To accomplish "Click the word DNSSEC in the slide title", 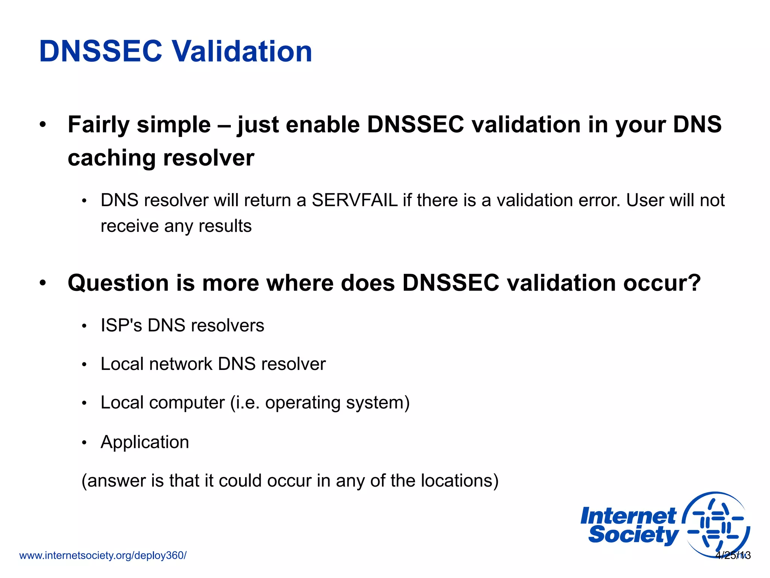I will [x=100, y=52].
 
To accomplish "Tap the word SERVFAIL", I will [x=355, y=200].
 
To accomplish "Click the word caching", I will [x=111, y=158].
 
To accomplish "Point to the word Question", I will [x=118, y=283].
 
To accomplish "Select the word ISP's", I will [x=121, y=326].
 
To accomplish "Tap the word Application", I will [x=145, y=442].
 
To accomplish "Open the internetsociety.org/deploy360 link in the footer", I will [x=103, y=555].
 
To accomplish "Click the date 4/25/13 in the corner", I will [x=733, y=555].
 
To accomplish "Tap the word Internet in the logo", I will [x=628, y=516].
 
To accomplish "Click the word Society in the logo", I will [x=633, y=535].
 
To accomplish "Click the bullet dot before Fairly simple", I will [x=43, y=125].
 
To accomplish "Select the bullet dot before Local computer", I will [x=85, y=404].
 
